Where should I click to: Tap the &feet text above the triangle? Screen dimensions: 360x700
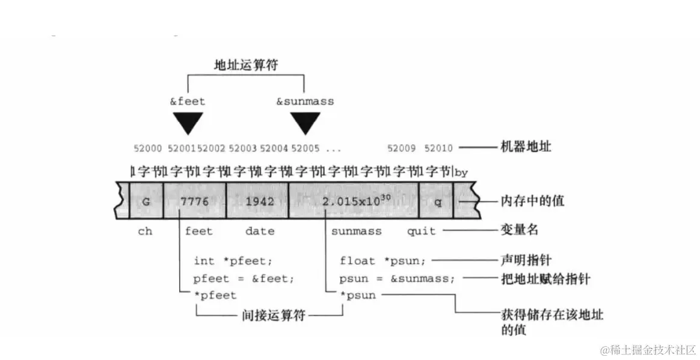tap(187, 101)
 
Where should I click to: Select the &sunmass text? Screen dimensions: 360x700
tap(305, 101)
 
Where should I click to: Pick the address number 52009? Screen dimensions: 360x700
tap(401, 148)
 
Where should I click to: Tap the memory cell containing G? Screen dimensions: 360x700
tap(146, 201)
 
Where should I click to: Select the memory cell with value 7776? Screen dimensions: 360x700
tap(194, 201)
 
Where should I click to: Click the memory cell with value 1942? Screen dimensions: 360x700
tap(259, 201)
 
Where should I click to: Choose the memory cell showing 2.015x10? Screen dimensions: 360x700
tap(353, 201)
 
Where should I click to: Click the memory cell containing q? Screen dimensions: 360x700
tap(437, 201)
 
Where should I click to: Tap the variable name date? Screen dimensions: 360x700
tap(259, 231)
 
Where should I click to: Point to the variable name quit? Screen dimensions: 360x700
tap(421, 231)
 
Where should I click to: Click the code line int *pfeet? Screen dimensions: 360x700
tap(233, 261)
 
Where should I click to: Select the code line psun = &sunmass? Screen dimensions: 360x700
tap(397, 278)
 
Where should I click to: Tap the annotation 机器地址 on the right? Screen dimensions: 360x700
tap(524, 147)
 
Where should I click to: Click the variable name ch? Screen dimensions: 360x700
tap(145, 231)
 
